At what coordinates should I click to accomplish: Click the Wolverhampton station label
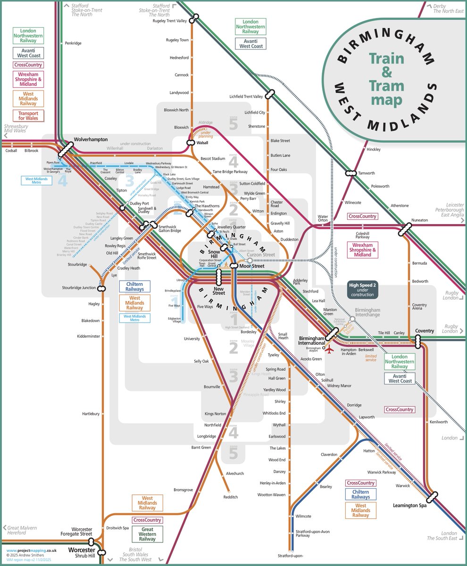[91, 140]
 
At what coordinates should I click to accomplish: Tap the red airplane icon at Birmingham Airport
[330, 350]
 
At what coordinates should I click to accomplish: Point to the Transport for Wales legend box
[28, 116]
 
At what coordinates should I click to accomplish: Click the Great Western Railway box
[147, 534]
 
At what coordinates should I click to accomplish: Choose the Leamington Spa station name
[409, 506]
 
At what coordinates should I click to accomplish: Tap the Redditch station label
[231, 497]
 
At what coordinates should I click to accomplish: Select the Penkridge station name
[73, 43]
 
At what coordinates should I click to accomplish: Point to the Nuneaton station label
[420, 220]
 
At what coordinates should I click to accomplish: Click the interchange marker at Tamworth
[350, 173]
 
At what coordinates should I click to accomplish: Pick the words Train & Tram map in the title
[386, 79]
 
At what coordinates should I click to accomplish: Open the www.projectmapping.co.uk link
[31, 550]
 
